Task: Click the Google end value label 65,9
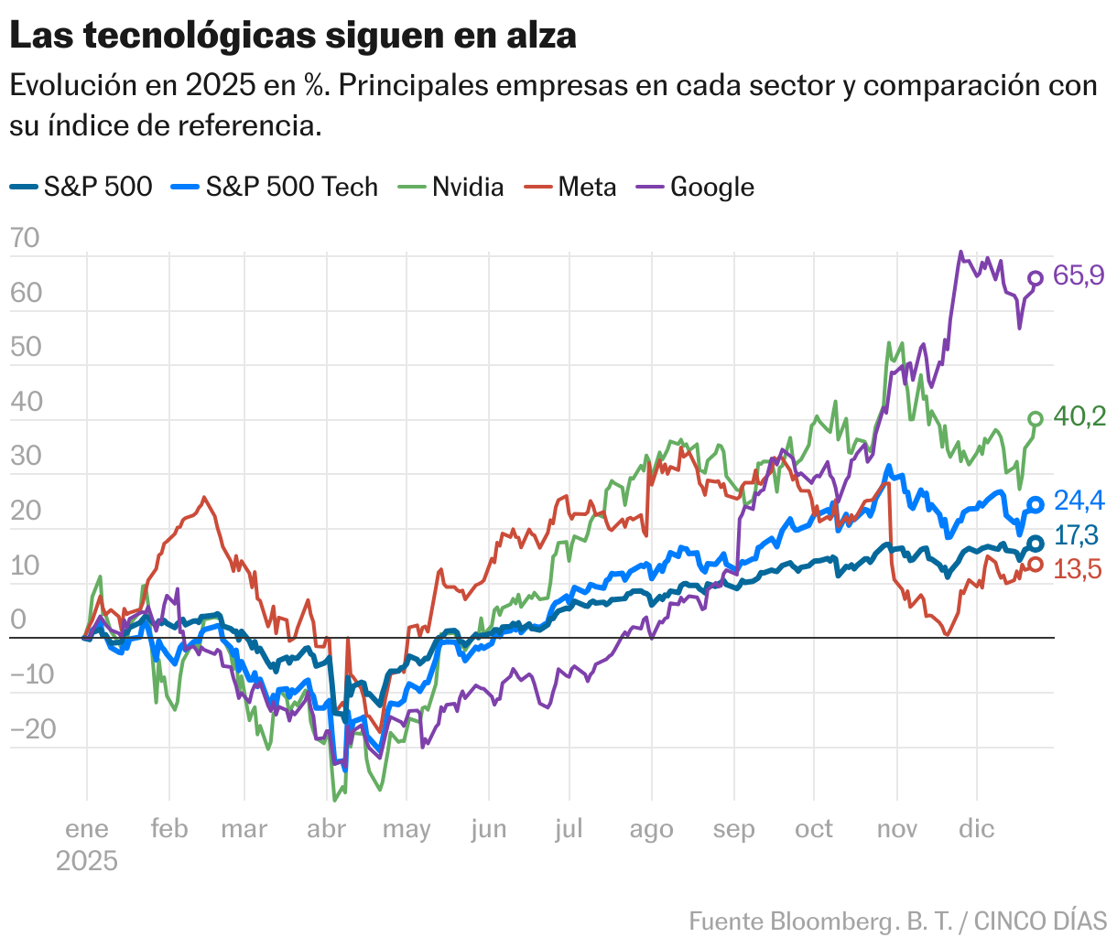point(1079,275)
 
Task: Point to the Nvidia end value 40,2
point(1079,417)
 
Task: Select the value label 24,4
point(1079,501)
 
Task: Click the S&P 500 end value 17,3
point(1079,535)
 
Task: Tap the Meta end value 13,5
point(1079,569)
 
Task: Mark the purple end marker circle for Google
point(1036,278)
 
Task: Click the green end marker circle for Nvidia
point(1036,419)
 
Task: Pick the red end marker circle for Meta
point(1036,564)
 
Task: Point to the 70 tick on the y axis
point(25,238)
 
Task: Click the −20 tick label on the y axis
point(33,729)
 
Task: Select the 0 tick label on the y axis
point(18,620)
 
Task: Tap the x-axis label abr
point(326,829)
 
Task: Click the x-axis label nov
point(896,829)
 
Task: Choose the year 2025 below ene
point(87,861)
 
